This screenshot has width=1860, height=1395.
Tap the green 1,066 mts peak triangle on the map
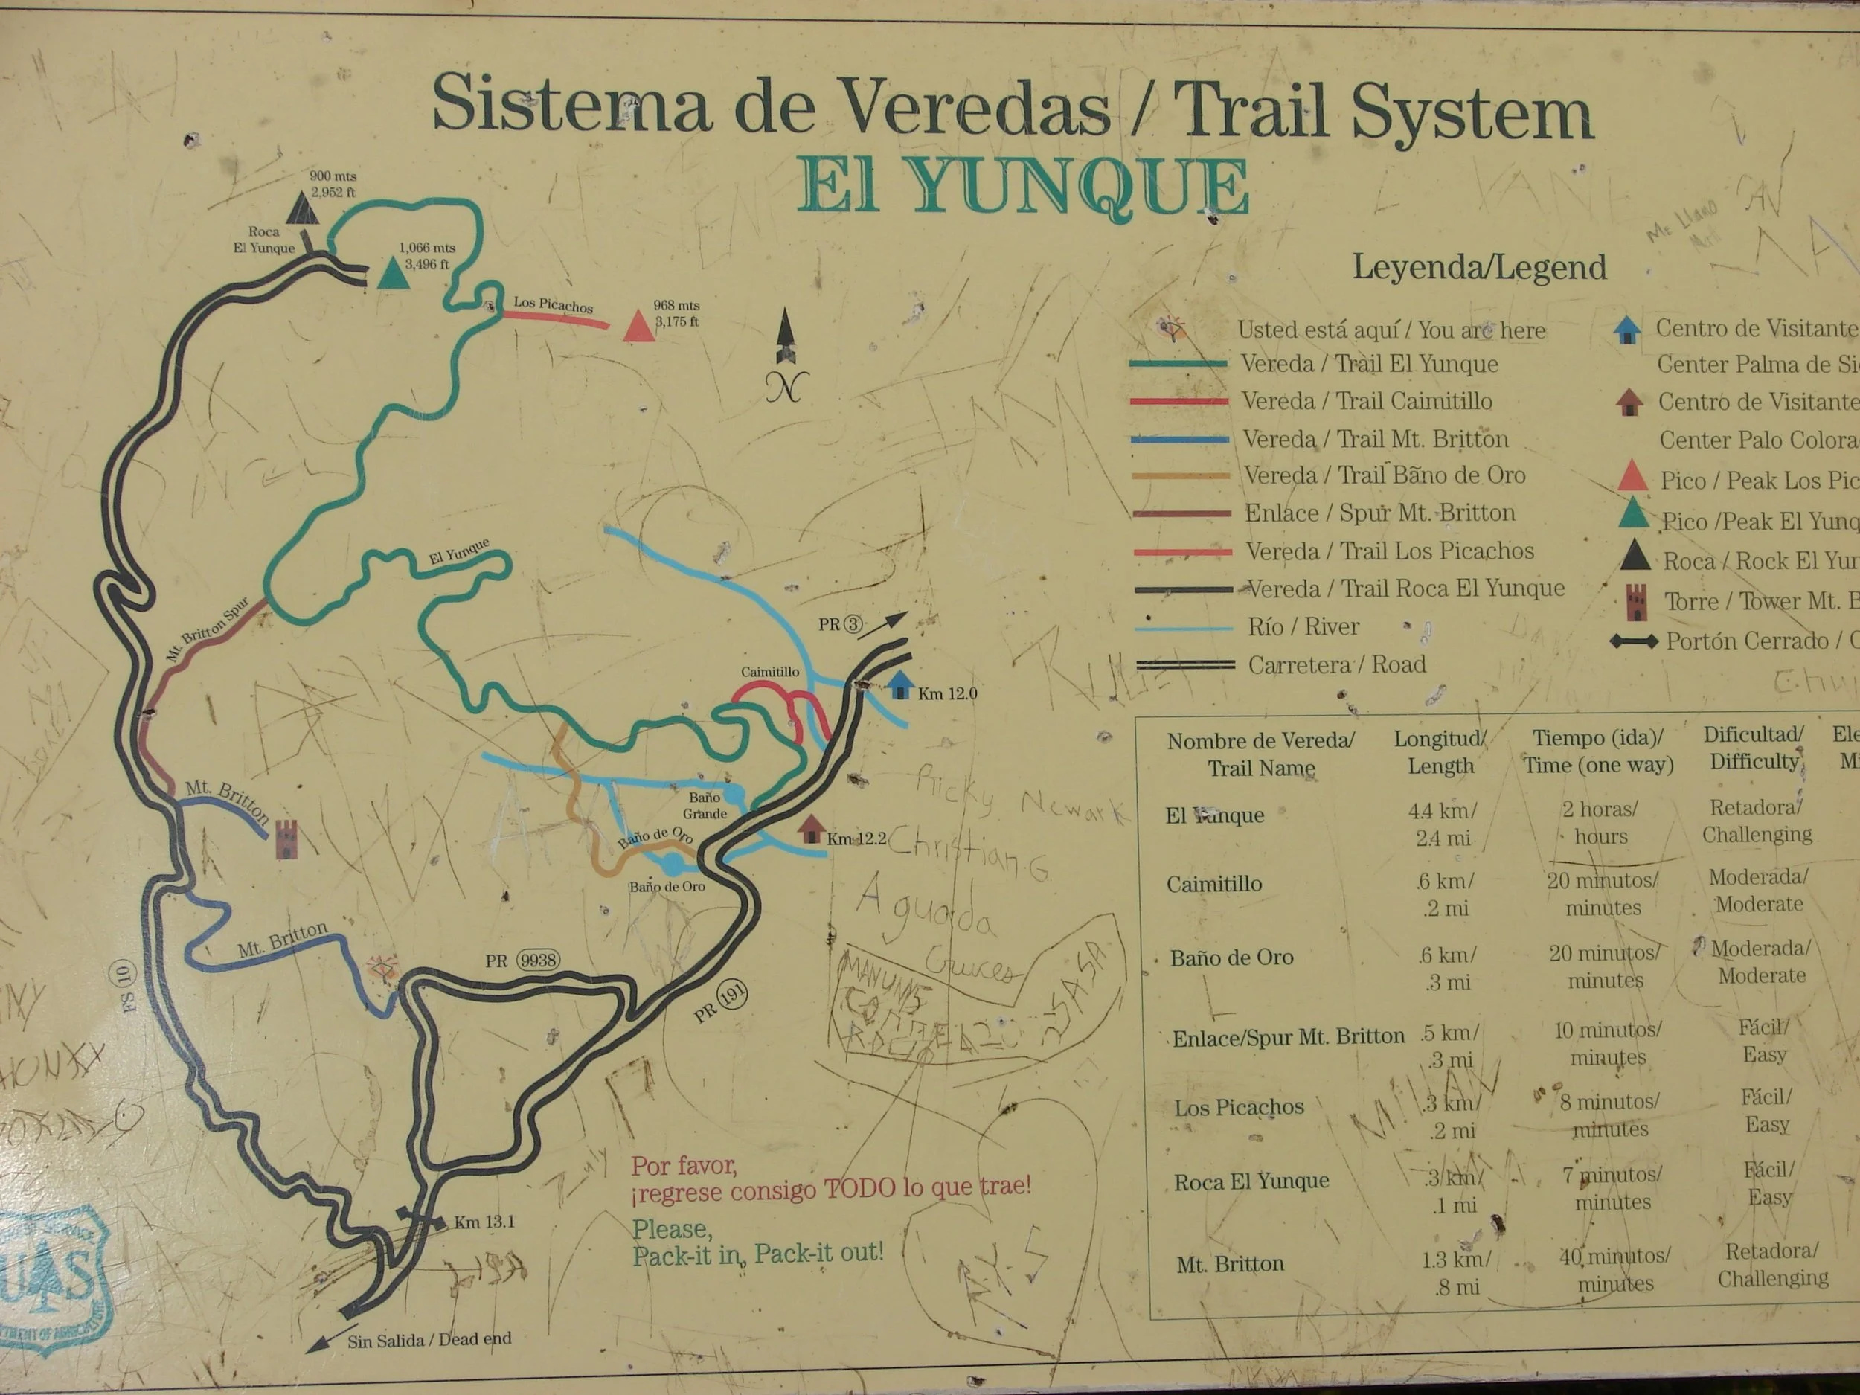[392, 273]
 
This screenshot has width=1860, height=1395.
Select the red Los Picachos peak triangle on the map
[639, 327]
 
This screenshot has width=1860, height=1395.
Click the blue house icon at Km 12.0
[900, 685]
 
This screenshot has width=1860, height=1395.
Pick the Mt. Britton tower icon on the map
[286, 838]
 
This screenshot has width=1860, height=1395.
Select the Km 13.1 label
[484, 1222]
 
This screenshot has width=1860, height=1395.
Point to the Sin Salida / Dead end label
[429, 1339]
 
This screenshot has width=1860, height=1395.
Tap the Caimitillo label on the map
[769, 672]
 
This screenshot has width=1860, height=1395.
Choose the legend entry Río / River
[1303, 627]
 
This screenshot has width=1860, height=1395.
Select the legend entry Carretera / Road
[1336, 665]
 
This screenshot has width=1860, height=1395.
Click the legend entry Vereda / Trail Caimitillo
[1367, 401]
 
